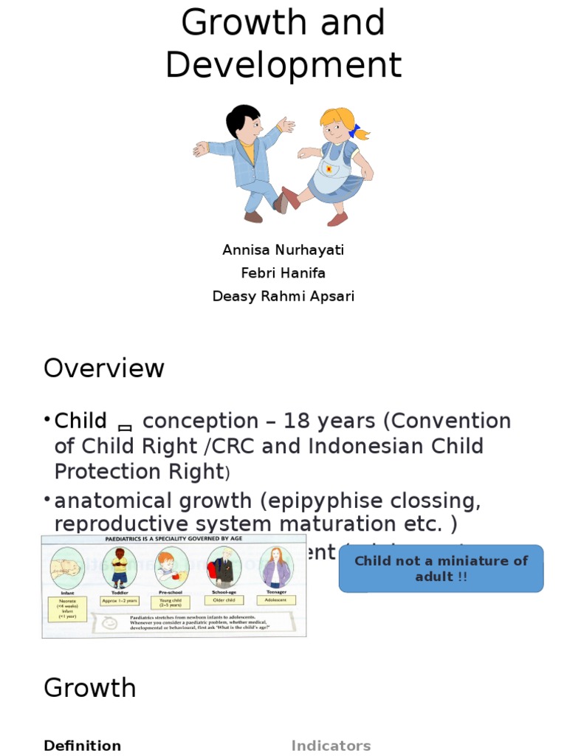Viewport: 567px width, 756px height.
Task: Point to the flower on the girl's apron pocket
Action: [x=328, y=169]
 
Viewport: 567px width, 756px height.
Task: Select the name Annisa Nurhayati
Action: [x=283, y=250]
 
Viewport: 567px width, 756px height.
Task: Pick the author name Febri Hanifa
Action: [x=283, y=273]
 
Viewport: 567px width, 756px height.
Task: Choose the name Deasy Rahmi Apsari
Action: [x=283, y=297]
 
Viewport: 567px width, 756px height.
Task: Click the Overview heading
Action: [x=104, y=368]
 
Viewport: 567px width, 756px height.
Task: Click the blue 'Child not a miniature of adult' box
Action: [x=441, y=568]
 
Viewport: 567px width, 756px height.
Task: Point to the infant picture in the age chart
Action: [x=67, y=568]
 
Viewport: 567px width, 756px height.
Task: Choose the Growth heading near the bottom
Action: [x=90, y=688]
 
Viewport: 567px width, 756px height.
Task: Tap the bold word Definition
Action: [x=82, y=746]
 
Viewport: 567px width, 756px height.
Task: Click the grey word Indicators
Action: [x=331, y=746]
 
